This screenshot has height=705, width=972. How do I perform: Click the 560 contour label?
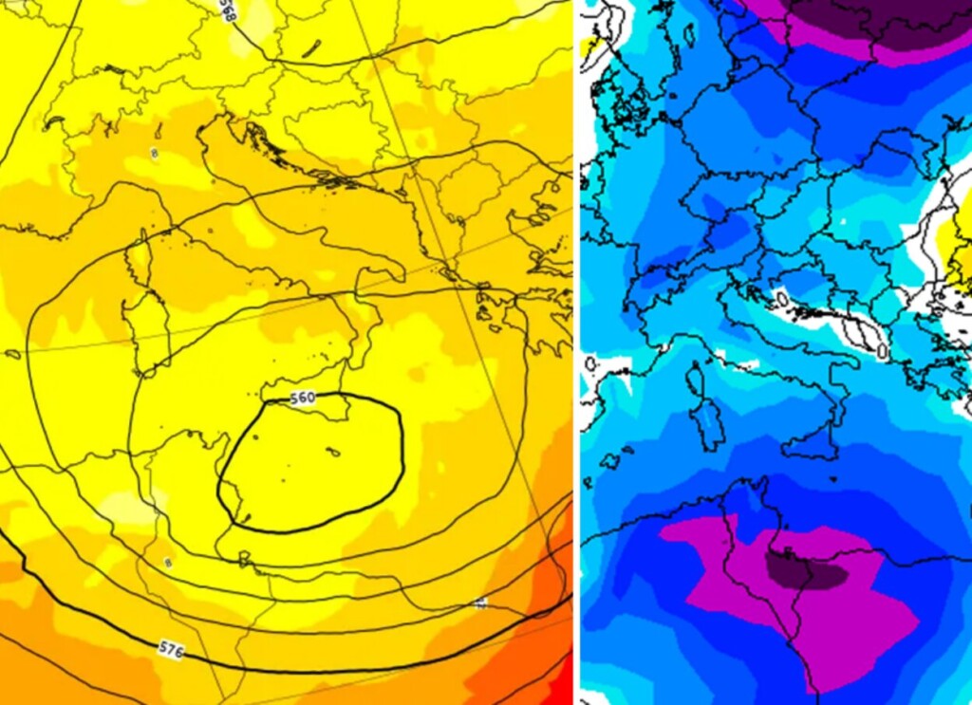click(x=328, y=398)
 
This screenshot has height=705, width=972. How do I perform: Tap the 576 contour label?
click(x=171, y=650)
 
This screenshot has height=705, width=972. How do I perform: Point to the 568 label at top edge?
click(x=227, y=10)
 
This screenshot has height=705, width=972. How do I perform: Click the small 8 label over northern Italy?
click(x=155, y=152)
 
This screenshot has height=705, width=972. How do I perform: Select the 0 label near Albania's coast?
click(x=882, y=350)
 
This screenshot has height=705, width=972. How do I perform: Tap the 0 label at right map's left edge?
click(x=589, y=363)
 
